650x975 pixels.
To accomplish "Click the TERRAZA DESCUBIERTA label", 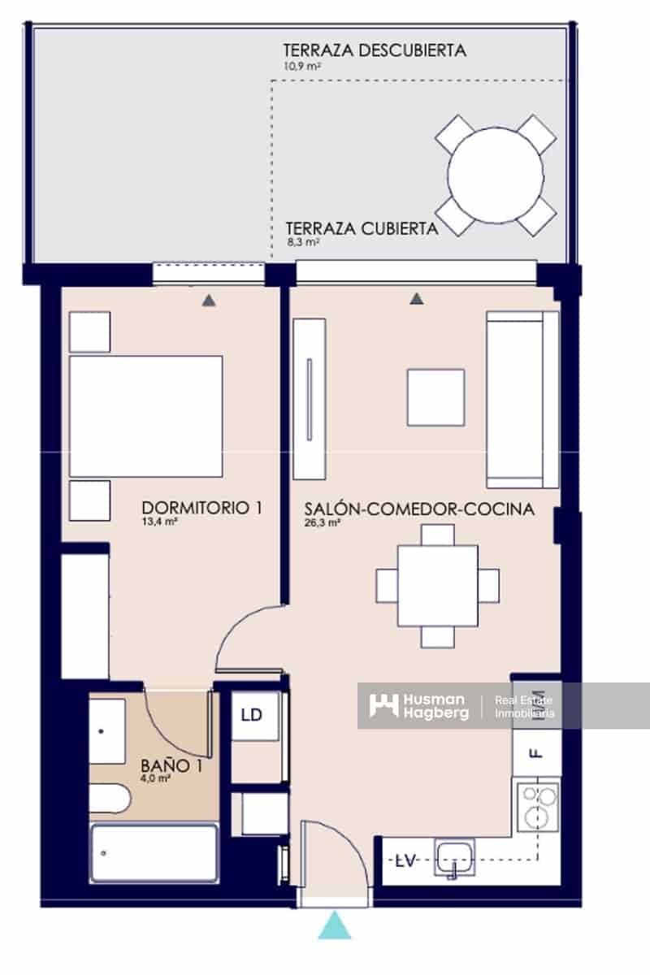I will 375,50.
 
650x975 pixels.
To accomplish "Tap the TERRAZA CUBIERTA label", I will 362,228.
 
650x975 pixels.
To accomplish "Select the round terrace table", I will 496,175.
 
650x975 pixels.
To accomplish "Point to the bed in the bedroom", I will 146,416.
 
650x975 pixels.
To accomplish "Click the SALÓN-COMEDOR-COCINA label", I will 419,509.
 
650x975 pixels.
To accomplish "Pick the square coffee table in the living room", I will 435,397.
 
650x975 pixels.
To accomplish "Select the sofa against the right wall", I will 522,399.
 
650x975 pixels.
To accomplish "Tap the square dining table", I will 438,586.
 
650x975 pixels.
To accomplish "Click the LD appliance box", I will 252,715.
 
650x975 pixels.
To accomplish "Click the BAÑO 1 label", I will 171,765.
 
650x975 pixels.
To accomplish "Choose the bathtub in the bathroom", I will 154,852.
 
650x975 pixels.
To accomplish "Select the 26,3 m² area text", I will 323,523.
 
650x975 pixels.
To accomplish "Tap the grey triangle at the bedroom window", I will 209,300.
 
